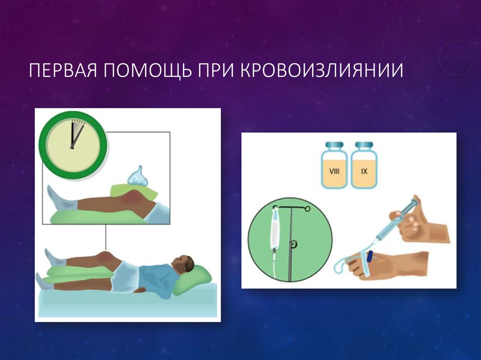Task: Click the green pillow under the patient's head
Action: point(193,279)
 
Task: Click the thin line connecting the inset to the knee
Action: point(106,237)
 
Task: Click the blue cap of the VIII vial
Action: point(334,146)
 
